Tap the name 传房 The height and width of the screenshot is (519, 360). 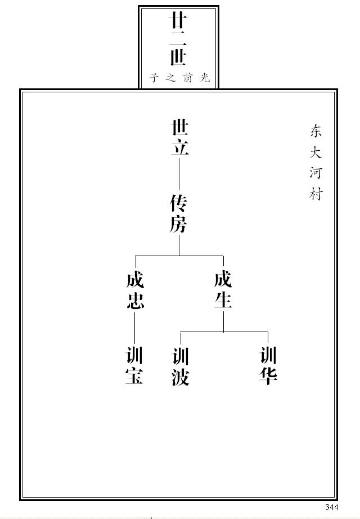point(179,214)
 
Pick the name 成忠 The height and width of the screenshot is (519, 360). point(135,290)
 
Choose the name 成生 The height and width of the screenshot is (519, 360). point(223,290)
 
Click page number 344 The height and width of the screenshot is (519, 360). point(331,507)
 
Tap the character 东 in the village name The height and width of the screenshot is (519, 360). point(316,131)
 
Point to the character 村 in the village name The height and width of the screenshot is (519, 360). point(316,194)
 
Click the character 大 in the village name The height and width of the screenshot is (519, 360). point(316,152)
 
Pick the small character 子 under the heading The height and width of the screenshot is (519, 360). point(154,78)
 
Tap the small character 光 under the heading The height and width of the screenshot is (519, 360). point(205,78)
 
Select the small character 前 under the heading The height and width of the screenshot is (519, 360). point(187,78)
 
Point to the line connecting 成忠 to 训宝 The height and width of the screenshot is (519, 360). point(135,328)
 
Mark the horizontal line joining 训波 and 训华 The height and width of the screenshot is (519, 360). point(224,332)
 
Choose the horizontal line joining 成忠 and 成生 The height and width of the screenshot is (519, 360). point(179,256)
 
